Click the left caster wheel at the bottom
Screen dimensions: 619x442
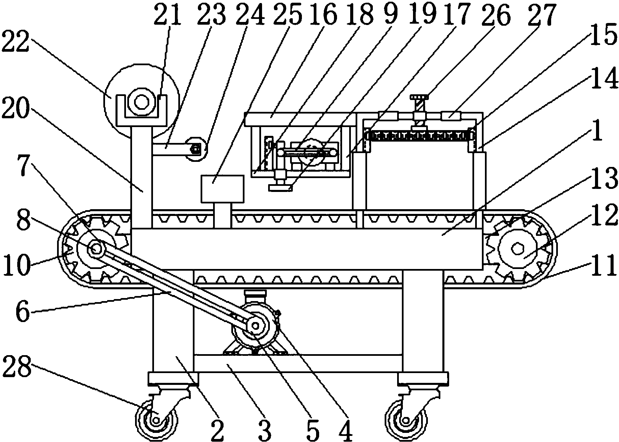click(156, 420)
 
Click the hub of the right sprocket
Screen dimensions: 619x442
click(517, 249)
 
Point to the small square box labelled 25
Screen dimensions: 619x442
click(222, 189)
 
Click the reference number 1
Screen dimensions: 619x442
click(597, 133)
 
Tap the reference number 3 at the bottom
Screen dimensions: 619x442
click(265, 429)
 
